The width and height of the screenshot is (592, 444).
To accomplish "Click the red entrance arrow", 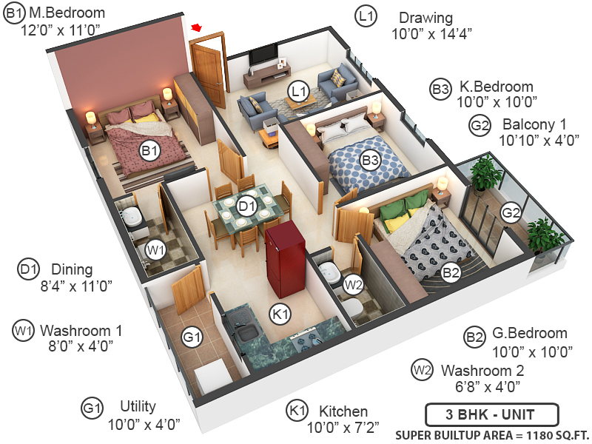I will tap(197, 27).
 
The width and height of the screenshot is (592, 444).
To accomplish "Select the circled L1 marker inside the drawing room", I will tap(299, 92).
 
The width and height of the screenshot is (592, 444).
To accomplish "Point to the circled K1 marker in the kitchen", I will tap(280, 314).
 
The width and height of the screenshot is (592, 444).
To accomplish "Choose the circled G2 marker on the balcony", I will tap(511, 213).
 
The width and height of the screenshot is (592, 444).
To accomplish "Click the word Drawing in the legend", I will tap(425, 17).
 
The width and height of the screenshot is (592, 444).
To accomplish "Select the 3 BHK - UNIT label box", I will tap(491, 414).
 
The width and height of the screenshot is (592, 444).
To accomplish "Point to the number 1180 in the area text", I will tap(530, 434).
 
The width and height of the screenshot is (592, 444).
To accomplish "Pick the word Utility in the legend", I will tap(138, 406).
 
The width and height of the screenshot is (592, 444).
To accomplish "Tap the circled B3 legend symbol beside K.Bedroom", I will tap(440, 90).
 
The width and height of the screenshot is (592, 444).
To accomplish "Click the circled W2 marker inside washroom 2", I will tap(353, 283).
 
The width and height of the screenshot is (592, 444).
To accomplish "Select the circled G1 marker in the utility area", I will tap(192, 338).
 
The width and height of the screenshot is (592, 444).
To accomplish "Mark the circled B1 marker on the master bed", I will tap(150, 151).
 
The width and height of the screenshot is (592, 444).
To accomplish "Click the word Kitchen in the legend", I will tap(343, 411).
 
